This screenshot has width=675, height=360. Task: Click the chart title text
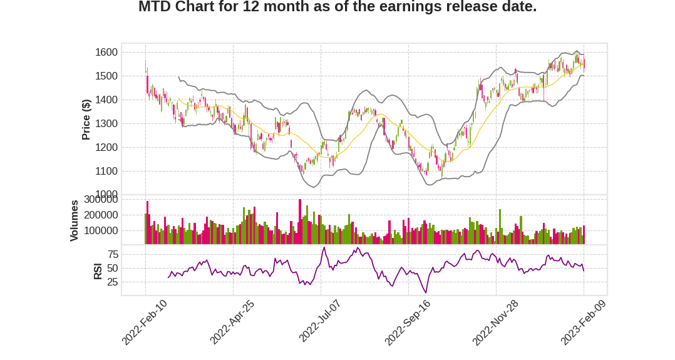pyautogui.click(x=337, y=8)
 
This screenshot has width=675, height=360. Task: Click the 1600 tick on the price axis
pyautogui.click(x=106, y=53)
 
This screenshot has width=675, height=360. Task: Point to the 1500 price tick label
pyautogui.click(x=106, y=76)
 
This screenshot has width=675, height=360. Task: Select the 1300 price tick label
pyautogui.click(x=106, y=124)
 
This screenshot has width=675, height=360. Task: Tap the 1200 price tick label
pyautogui.click(x=106, y=148)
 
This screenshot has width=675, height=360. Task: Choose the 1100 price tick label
pyautogui.click(x=106, y=172)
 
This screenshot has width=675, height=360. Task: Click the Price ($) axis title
pyautogui.click(x=86, y=119)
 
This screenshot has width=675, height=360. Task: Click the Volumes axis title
pyautogui.click(x=75, y=220)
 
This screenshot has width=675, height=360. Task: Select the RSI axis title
pyautogui.click(x=98, y=271)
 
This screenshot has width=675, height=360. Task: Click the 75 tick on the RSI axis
pyautogui.click(x=113, y=254)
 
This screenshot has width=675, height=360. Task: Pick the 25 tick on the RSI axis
pyautogui.click(x=113, y=282)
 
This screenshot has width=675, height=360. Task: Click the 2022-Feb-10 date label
pyautogui.click(x=145, y=322)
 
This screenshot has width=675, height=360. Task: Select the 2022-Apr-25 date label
pyautogui.click(x=232, y=322)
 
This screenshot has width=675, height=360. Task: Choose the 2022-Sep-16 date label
pyautogui.click(x=407, y=322)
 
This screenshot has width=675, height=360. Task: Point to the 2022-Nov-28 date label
pyautogui.click(x=495, y=322)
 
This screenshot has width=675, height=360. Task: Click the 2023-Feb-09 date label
pyautogui.click(x=583, y=322)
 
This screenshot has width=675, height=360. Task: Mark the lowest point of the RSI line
pyautogui.click(x=426, y=293)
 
